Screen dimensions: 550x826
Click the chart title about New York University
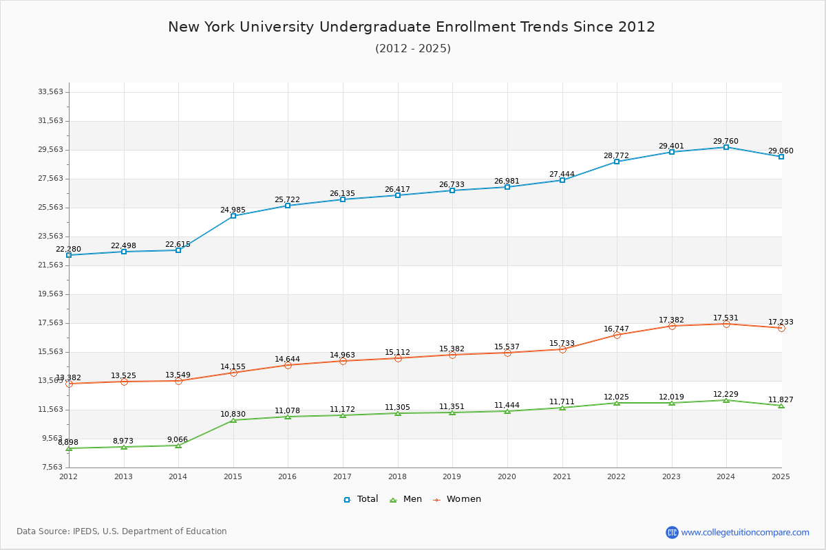click(412, 27)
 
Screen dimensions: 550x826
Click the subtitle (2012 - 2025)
click(413, 49)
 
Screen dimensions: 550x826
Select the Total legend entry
click(361, 499)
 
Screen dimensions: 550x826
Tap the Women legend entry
click(456, 499)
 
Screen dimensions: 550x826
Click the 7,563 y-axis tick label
click(52, 467)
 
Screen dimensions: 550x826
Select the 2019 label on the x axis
click(452, 476)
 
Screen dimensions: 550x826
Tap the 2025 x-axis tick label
click(781, 476)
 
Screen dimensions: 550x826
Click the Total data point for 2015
click(233, 216)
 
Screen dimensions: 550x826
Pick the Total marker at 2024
click(726, 147)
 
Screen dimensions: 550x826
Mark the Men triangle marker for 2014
click(178, 445)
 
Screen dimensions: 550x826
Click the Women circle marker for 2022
click(617, 335)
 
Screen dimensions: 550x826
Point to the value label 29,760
click(726, 141)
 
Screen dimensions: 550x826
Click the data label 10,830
click(233, 414)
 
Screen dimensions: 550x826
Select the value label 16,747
click(616, 329)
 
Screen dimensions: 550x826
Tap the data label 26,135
click(342, 193)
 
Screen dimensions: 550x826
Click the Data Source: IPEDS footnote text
click(122, 531)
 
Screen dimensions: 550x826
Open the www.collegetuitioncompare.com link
click(745, 532)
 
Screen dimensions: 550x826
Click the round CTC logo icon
click(672, 532)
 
